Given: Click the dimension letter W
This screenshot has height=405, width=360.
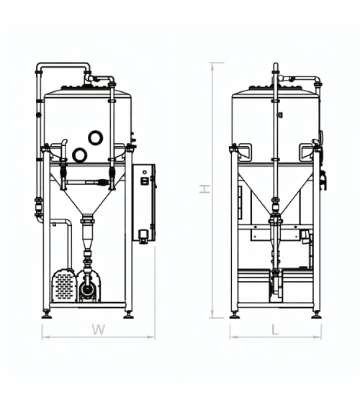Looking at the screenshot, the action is click(99, 329).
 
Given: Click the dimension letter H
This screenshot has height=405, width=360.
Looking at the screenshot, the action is click(204, 188).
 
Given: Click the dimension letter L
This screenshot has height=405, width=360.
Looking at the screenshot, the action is click(276, 329).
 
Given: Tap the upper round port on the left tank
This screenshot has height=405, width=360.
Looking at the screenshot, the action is click(96, 137).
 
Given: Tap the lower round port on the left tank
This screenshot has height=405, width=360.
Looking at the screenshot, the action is click(79, 155).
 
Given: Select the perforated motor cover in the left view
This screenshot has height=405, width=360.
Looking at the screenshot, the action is click(64, 286).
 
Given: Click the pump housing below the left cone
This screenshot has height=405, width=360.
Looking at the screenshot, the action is click(89, 287).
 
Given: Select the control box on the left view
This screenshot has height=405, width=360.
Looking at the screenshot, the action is click(144, 203).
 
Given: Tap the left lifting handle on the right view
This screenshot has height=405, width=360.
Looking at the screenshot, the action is click(245, 150).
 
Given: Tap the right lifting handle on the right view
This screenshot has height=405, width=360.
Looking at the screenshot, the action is click(307, 150).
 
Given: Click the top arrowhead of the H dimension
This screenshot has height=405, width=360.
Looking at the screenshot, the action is click(212, 66).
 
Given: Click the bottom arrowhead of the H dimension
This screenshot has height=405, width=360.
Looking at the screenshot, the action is click(212, 314).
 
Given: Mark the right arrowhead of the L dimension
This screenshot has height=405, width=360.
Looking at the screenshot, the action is click(318, 337).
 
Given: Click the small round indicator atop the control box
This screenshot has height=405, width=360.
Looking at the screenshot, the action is click(145, 172).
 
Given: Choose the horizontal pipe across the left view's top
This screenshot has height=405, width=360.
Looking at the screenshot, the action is click(63, 65).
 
